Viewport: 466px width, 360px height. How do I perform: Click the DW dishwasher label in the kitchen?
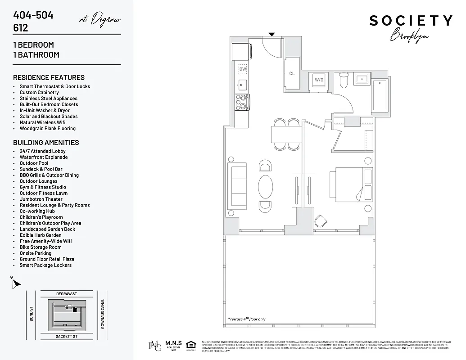click(243, 69)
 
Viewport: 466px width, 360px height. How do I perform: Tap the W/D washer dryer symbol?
click(319, 80)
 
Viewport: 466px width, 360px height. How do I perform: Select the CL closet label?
click(292, 73)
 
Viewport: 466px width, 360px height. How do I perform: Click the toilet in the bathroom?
click(344, 81)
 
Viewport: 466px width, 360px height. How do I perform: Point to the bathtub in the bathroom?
click(381, 95)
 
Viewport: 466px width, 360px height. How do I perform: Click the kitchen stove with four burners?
click(243, 102)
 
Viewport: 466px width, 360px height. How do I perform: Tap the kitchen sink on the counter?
click(243, 84)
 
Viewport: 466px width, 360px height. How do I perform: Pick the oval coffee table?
click(266, 186)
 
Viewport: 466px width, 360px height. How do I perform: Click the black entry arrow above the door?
click(271, 34)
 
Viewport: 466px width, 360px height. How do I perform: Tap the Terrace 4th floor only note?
click(247, 319)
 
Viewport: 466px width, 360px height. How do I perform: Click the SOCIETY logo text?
click(411, 21)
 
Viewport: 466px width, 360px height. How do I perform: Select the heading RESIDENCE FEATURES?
click(49, 77)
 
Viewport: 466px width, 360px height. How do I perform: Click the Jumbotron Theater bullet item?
click(41, 199)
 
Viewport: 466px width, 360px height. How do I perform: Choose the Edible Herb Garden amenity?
click(41, 235)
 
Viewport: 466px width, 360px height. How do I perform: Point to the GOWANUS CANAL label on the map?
click(103, 314)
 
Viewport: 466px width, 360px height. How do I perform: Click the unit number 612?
click(21, 28)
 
